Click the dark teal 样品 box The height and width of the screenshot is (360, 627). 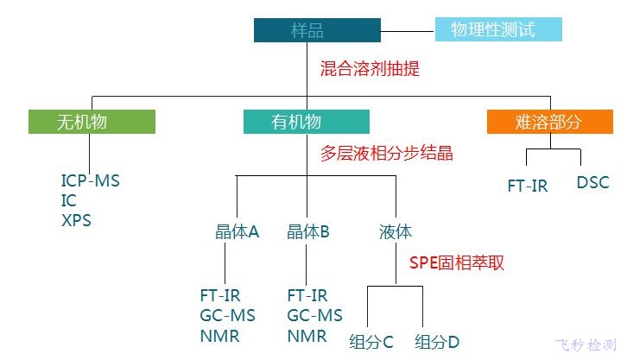click(x=317, y=30)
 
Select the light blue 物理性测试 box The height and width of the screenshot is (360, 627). click(x=497, y=30)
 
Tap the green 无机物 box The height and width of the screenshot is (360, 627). click(x=92, y=122)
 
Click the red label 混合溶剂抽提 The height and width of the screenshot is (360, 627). click(x=370, y=68)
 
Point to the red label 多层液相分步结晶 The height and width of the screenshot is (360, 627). click(x=386, y=154)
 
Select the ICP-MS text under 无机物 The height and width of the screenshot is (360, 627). click(x=91, y=182)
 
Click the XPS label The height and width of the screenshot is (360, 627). click(x=76, y=220)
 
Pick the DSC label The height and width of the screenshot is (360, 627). click(x=592, y=183)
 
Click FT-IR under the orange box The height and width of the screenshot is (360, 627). click(x=527, y=186)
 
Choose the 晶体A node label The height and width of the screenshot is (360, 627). click(x=237, y=232)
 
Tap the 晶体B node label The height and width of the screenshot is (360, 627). click(x=308, y=232)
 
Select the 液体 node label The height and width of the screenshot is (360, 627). click(x=396, y=232)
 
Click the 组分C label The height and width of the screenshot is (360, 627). click(x=371, y=341)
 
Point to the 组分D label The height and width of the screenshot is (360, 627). click(x=437, y=341)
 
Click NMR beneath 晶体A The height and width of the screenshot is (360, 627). click(x=219, y=336)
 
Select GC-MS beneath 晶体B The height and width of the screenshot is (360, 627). click(x=314, y=316)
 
